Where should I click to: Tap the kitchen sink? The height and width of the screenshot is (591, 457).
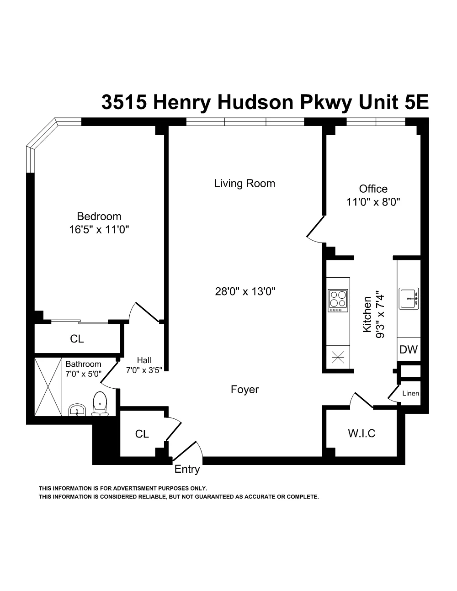click(x=409, y=299)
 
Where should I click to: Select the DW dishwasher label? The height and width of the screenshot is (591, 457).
click(x=409, y=350)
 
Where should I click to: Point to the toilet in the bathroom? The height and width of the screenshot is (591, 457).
click(x=100, y=404)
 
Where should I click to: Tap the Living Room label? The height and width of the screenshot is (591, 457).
click(x=244, y=184)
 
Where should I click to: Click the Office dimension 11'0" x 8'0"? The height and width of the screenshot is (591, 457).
click(x=373, y=202)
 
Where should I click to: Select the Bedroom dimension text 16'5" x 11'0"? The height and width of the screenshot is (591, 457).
click(x=99, y=230)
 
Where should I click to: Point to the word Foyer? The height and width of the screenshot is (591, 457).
click(x=244, y=390)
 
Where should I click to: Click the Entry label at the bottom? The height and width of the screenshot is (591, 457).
click(x=187, y=469)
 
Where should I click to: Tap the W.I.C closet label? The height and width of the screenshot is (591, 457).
click(x=361, y=433)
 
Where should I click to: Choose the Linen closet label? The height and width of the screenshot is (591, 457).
click(x=410, y=393)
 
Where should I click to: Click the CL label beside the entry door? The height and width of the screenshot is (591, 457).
click(x=142, y=434)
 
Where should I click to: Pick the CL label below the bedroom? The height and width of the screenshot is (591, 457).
click(x=77, y=339)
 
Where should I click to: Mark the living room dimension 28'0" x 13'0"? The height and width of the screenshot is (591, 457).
click(x=245, y=291)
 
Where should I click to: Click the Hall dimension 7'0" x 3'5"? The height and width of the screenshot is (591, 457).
click(x=144, y=370)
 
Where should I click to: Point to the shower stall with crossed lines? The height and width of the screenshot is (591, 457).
click(x=48, y=386)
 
